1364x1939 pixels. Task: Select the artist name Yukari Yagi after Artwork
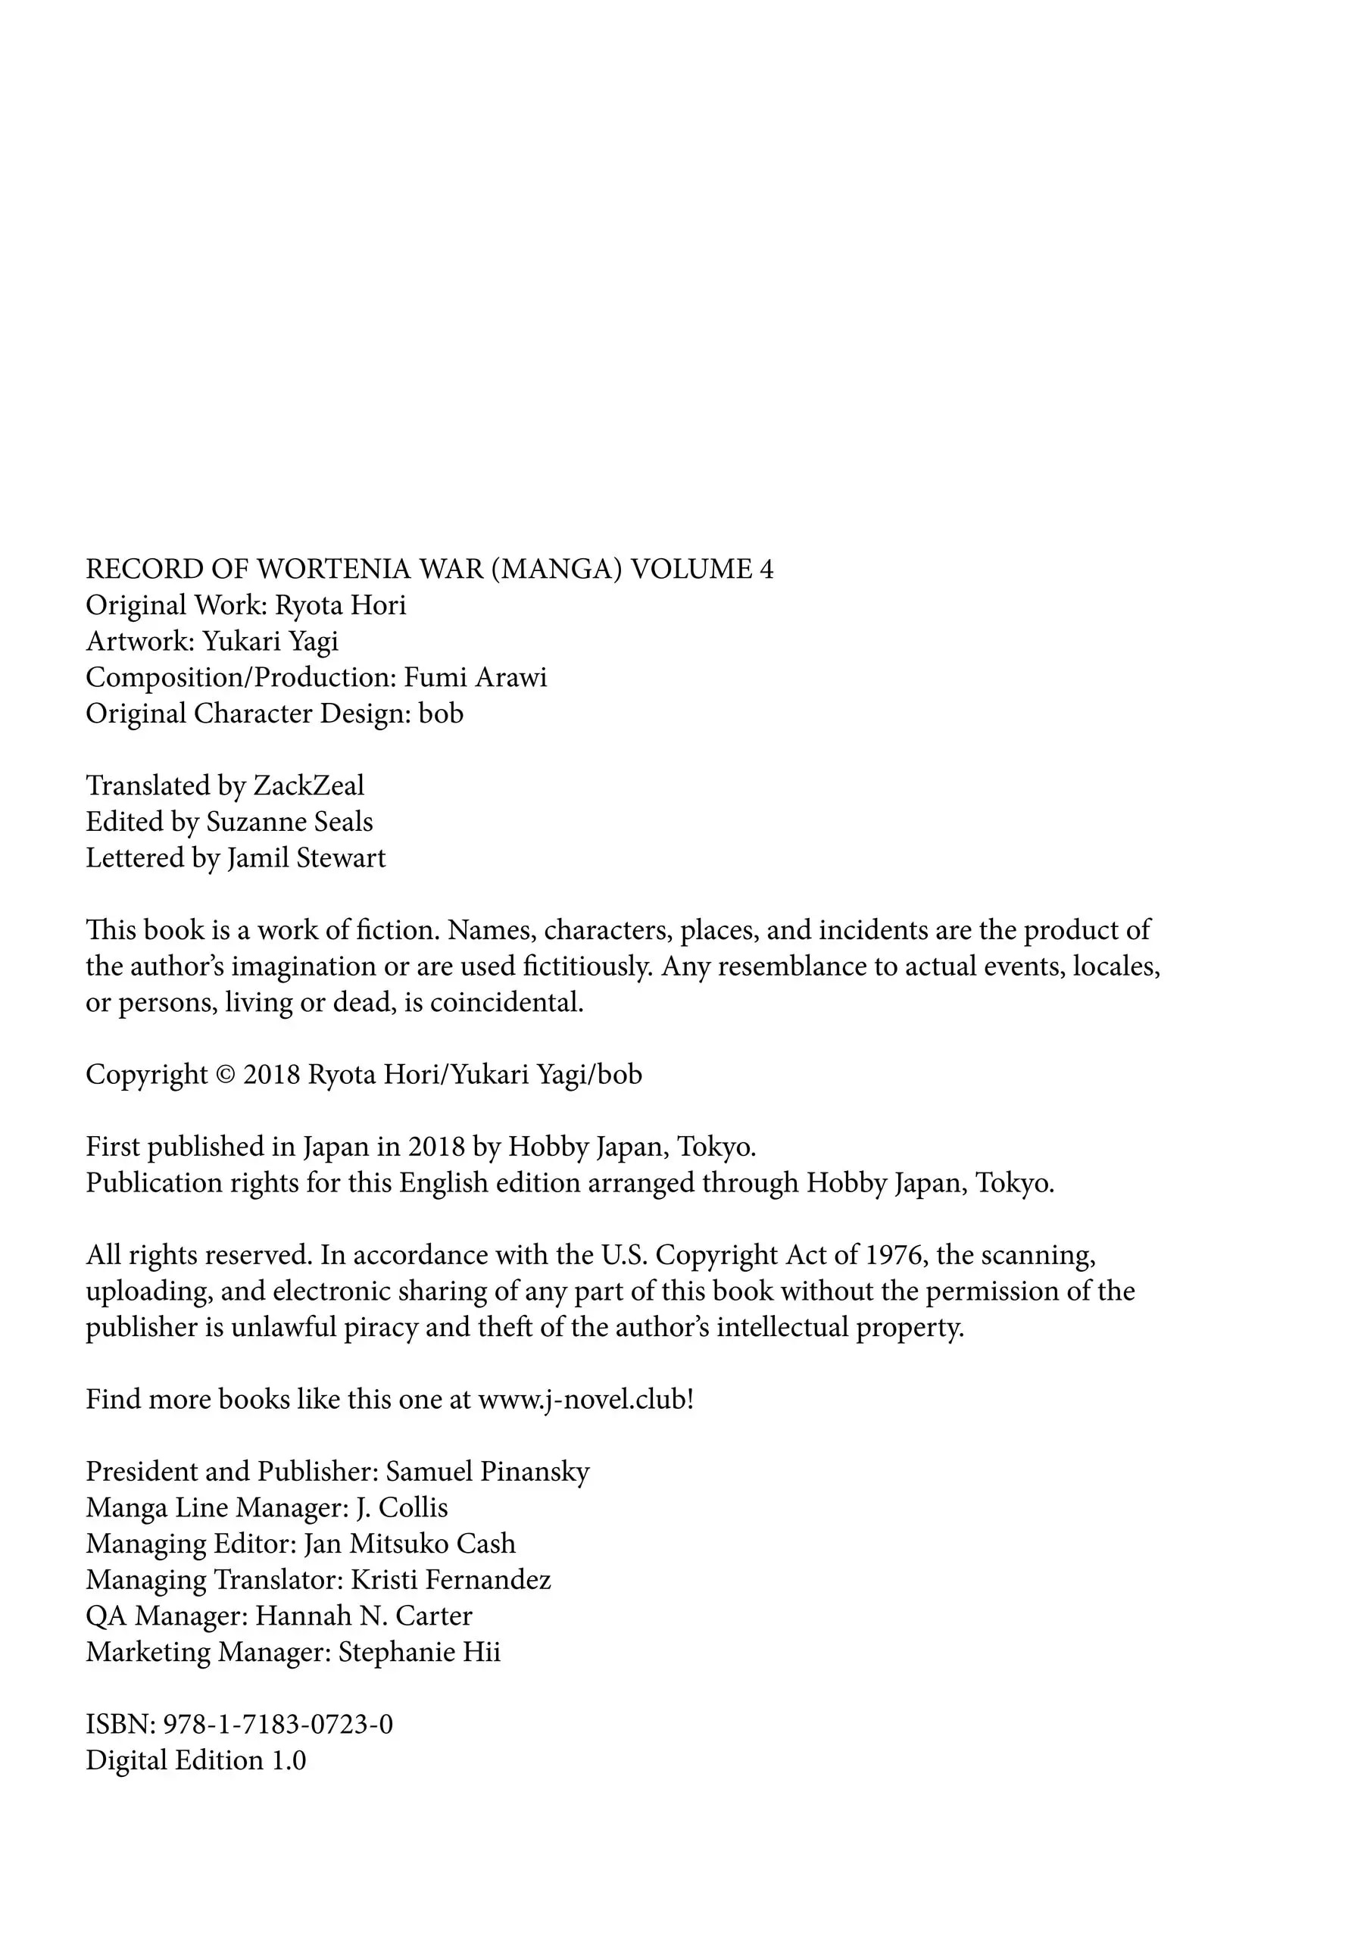[x=270, y=642]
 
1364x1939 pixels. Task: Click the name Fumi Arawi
[x=476, y=677]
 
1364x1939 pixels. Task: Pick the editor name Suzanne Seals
[x=290, y=822]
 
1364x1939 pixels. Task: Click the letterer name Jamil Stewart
[x=306, y=858]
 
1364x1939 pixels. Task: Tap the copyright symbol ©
[x=225, y=1075]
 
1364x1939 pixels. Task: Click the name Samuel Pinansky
[x=487, y=1472]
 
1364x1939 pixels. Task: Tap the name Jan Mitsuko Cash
[x=410, y=1544]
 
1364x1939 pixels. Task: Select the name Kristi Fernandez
[x=451, y=1580]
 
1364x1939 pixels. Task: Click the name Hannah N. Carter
[x=364, y=1616]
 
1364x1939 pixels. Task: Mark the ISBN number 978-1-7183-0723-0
[x=278, y=1725]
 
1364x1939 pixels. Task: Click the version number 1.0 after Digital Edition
[x=288, y=1761]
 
